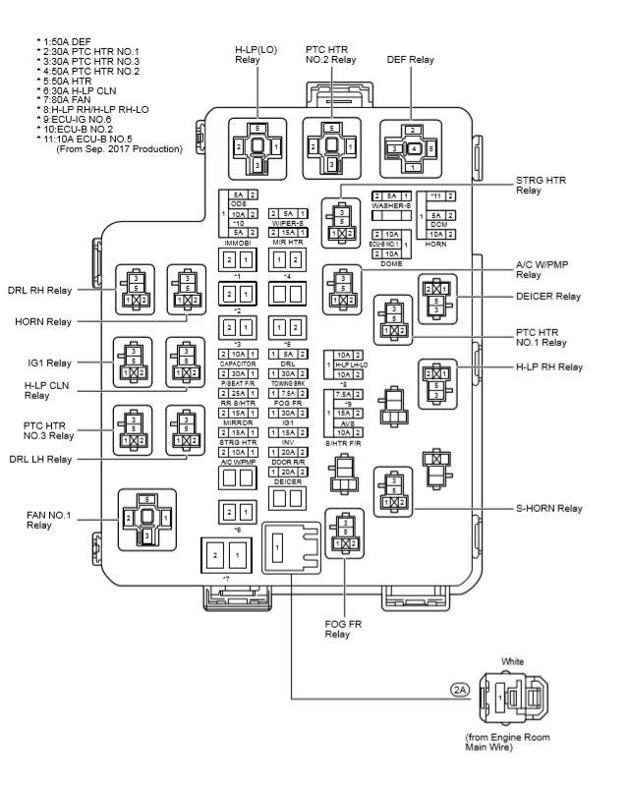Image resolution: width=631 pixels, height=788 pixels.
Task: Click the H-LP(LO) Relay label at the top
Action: point(257,55)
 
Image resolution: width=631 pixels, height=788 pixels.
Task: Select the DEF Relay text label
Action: point(410,60)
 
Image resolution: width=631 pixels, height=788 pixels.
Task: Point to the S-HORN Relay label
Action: point(548,508)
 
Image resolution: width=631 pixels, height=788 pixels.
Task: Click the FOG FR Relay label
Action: point(340,630)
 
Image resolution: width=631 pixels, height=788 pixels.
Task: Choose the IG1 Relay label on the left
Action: point(42,363)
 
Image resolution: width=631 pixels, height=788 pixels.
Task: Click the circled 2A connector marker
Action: point(459,690)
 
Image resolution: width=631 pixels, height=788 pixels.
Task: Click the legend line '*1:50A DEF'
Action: point(71,42)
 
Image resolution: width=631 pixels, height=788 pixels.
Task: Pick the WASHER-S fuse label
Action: point(390,205)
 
